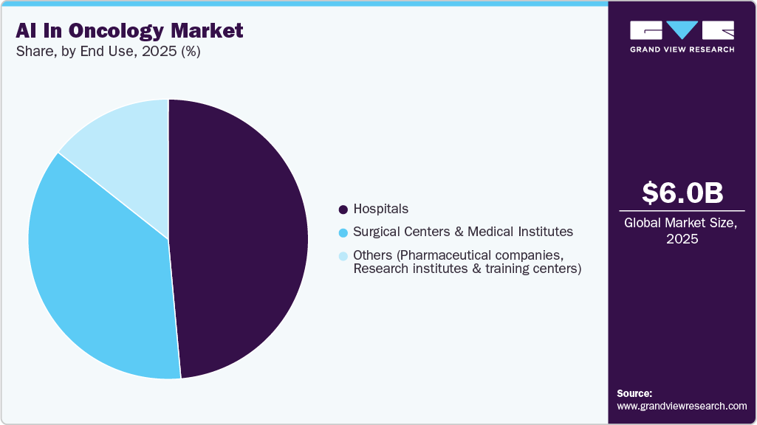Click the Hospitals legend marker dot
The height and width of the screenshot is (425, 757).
click(343, 210)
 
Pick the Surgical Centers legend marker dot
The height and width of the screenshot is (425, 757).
click(343, 232)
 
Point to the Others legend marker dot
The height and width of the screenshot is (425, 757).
click(343, 256)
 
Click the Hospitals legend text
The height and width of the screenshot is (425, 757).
click(380, 209)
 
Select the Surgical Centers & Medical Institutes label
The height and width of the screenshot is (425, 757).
click(462, 232)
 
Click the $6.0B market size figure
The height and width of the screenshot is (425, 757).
click(682, 193)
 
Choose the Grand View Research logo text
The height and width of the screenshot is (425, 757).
click(682, 49)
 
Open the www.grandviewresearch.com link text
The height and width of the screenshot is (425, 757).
click(682, 406)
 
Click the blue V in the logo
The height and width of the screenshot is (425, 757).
click(682, 30)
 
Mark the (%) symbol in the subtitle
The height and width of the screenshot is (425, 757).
click(190, 52)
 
